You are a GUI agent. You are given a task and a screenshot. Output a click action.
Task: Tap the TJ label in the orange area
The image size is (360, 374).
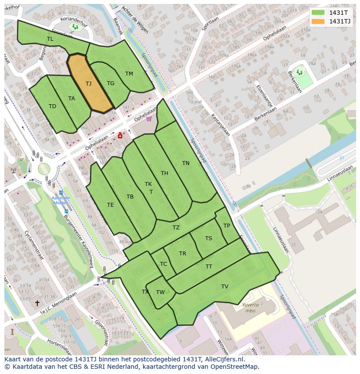click(88, 84)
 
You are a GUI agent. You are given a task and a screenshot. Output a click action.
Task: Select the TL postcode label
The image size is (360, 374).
click(50, 39)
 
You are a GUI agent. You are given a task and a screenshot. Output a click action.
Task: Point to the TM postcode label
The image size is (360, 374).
click(129, 74)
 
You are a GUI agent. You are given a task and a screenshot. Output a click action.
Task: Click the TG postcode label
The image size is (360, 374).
click(110, 83)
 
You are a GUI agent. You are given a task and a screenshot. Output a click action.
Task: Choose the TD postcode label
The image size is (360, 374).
click(52, 106)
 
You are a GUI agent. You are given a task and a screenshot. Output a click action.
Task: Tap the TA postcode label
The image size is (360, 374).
click(71, 99)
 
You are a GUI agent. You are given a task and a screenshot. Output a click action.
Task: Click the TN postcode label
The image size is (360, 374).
click(186, 163)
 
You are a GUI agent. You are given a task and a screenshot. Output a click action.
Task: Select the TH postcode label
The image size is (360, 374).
click(164, 173)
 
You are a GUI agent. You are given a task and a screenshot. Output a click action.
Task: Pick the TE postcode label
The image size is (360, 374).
click(110, 205)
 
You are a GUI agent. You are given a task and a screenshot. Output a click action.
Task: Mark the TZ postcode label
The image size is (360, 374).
click(176, 228)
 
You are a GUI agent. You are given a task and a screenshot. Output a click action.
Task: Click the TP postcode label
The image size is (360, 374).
click(227, 226)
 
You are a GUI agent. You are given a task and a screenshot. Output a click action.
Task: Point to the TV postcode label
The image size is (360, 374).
click(224, 287)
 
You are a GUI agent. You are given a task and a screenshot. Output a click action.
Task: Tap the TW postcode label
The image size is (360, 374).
click(160, 292)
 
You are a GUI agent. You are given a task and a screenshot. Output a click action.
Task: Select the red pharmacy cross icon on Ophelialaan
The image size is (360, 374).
click(120, 136)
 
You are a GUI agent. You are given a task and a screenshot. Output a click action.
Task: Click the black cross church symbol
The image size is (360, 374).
click(37, 303)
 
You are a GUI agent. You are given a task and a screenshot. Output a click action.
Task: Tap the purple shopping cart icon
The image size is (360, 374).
click(149, 118)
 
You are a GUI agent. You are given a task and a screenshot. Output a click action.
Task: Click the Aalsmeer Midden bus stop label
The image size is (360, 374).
click(60, 200)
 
